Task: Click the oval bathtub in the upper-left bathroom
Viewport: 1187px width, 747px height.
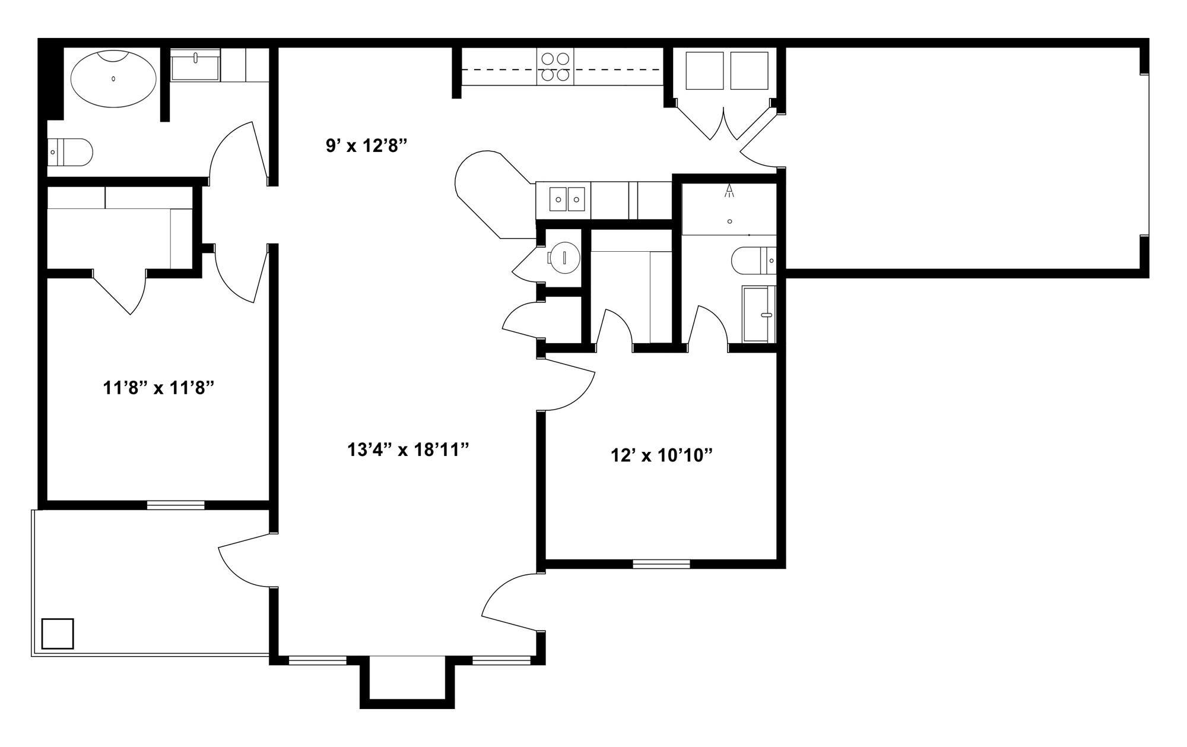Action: click(x=113, y=79)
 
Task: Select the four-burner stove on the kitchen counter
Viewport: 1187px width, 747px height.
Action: click(x=556, y=67)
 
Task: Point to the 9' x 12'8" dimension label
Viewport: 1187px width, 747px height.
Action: click(x=366, y=146)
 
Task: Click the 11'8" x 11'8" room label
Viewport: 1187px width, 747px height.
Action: click(x=158, y=388)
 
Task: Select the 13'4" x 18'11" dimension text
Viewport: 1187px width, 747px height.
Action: click(x=408, y=450)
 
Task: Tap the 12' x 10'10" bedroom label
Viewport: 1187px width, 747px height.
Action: click(x=661, y=455)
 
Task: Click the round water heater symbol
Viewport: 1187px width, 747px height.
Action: click(x=564, y=257)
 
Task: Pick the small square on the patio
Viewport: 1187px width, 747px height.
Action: click(x=58, y=634)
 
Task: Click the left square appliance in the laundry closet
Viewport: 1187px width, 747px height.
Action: click(x=704, y=71)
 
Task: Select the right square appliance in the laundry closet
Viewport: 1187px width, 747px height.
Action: click(x=749, y=71)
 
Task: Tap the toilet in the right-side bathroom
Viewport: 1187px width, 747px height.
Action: click(x=753, y=260)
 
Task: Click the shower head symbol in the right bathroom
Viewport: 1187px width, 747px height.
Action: click(x=729, y=191)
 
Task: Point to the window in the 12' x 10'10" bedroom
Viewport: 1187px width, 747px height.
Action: click(x=661, y=564)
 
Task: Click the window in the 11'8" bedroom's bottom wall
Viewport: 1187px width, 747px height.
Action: click(x=176, y=505)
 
